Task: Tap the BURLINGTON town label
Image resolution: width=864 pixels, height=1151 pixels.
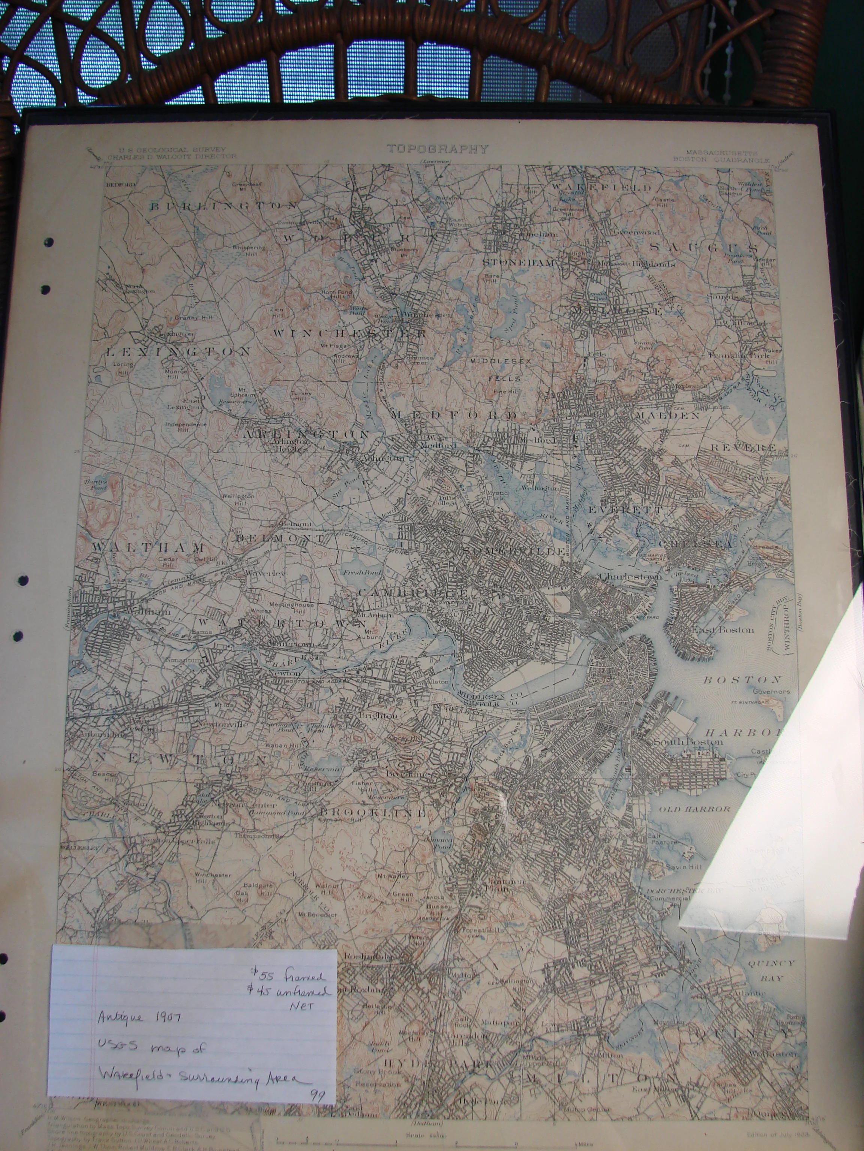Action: tap(224, 206)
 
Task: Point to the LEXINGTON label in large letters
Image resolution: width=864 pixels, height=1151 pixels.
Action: tap(178, 352)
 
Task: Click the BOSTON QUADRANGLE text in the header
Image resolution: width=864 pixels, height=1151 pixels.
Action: tap(721, 160)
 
